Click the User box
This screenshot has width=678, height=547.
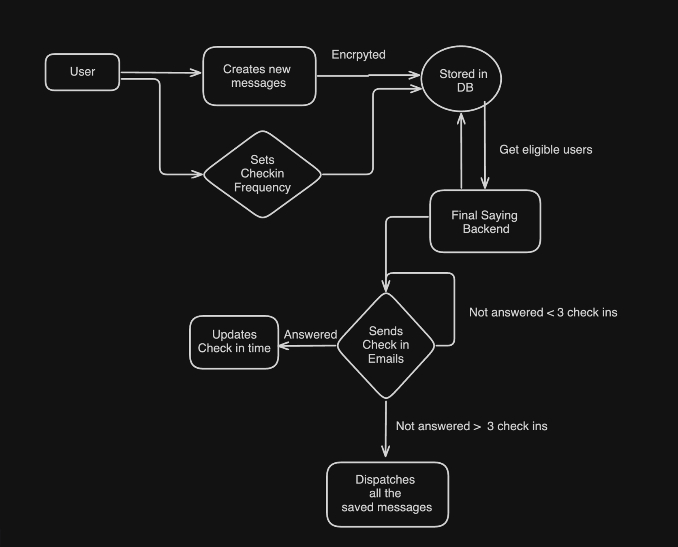coord(82,72)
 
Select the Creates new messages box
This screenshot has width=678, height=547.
coord(259,76)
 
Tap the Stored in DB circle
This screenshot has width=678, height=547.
coord(461,79)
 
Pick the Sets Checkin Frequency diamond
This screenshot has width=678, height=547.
coord(262,174)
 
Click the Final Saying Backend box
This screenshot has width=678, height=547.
coord(485,222)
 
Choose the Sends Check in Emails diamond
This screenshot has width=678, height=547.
coord(385,345)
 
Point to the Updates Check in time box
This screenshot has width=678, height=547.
coord(234,342)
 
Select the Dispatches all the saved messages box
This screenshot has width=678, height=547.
coord(387,494)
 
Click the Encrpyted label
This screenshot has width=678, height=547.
coord(358,55)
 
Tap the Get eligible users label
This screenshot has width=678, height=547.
coord(545,150)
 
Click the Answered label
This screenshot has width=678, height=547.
coord(310,335)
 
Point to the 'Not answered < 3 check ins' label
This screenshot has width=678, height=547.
coord(543,312)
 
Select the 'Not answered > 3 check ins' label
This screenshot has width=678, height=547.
coord(471,426)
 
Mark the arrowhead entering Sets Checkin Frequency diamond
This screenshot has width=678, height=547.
coord(198,174)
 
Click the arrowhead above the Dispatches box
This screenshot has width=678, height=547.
coord(385,451)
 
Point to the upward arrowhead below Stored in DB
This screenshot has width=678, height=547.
coord(461,118)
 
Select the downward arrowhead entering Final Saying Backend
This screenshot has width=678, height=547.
coord(485,184)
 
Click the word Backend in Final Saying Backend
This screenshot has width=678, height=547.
coord(486,229)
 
